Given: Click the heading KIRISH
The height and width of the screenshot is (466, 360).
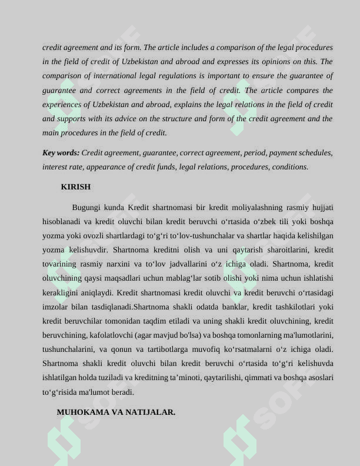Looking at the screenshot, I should (76, 187).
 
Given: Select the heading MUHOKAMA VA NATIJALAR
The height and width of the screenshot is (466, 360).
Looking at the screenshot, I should (116, 412).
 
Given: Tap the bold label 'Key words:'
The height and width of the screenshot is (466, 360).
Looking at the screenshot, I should (61, 152).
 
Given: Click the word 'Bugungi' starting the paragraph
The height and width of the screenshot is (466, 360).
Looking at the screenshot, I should (86, 207).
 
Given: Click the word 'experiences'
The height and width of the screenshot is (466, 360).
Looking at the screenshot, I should (61, 104).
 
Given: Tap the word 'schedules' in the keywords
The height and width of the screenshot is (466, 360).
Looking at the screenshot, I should (315, 152).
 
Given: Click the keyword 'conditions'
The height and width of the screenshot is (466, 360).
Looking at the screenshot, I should (289, 167).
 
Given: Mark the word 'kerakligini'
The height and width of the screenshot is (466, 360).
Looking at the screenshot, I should (61, 292).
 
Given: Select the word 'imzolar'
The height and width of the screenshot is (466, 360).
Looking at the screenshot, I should (55, 307).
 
